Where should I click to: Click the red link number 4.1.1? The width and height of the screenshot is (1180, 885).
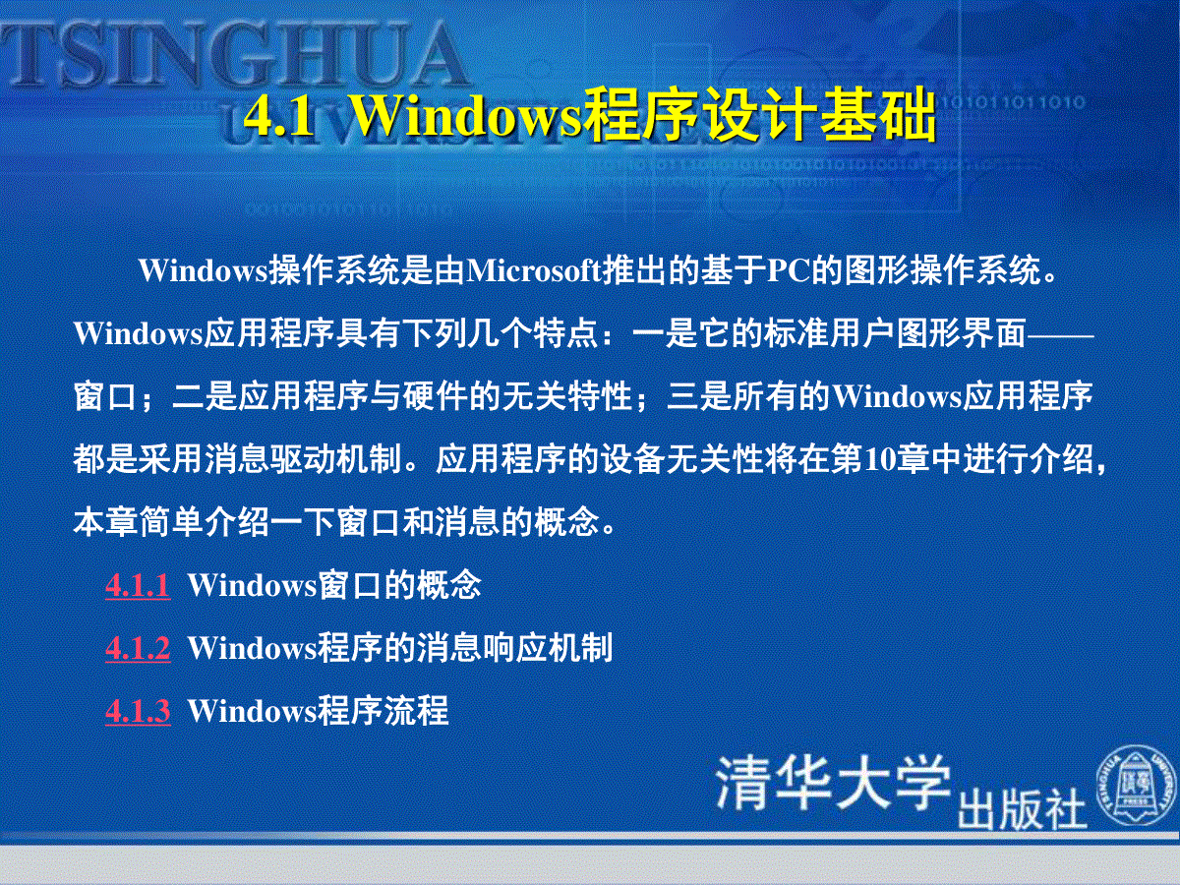pos(139,586)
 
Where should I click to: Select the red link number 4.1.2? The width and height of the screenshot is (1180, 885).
pos(139,649)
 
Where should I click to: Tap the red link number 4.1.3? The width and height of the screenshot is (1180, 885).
pos(139,711)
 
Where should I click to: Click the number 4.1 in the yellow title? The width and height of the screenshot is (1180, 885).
pos(279,118)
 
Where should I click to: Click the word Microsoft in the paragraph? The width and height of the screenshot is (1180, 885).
pos(534,270)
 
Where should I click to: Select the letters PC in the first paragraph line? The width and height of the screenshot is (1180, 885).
pos(789,270)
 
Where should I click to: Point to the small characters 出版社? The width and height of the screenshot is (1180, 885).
pos(1022,809)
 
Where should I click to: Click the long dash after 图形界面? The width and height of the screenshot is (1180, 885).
pos(1060,336)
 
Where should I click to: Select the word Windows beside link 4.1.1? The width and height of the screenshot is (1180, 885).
pos(252,585)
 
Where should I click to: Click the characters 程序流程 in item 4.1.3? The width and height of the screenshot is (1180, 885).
pos(383,711)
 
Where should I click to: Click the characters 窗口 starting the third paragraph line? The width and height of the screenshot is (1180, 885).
pos(105,396)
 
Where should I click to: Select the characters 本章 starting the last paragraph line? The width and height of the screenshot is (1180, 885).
pos(105,523)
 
